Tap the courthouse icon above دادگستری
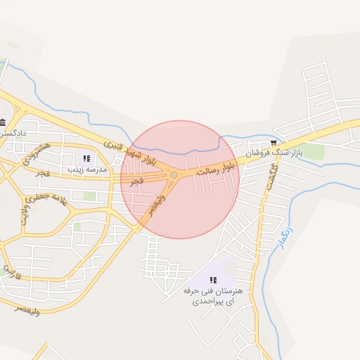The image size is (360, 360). point(3,122)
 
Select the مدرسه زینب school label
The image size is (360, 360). point(87,169)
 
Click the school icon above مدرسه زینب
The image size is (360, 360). point(86,159)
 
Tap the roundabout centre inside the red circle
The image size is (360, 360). point(174,174)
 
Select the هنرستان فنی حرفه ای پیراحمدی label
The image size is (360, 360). point(213,295)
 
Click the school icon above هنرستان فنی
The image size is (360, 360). point(213,280)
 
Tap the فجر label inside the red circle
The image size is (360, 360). point(136,181)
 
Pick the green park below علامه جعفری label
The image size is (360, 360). point(89,195)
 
